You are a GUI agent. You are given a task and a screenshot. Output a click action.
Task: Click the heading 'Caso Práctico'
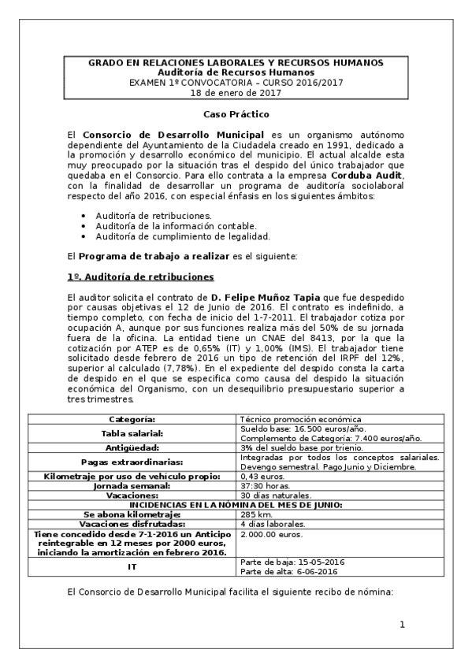[x=235, y=115]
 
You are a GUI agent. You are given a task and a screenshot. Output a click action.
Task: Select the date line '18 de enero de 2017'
[x=235, y=93]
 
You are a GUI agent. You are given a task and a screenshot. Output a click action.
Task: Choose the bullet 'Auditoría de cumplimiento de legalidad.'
[x=183, y=236]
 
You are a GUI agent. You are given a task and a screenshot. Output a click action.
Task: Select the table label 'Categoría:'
[x=132, y=420]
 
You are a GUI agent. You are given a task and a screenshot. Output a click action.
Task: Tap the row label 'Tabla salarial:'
[x=132, y=433]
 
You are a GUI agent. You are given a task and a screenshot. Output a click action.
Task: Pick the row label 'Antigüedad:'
[x=132, y=447]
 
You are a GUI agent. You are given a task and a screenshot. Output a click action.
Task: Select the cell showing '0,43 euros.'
[x=262, y=477]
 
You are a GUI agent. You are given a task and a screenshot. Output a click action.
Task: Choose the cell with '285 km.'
[x=255, y=514]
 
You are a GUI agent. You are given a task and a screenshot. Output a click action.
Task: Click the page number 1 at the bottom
[x=402, y=625]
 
